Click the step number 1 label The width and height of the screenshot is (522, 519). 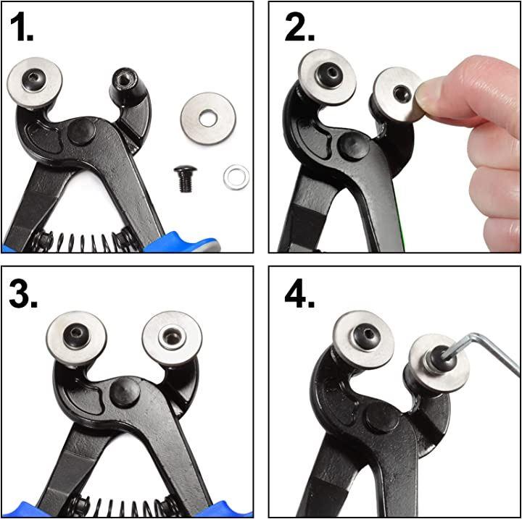pyautogui.click(x=22, y=28)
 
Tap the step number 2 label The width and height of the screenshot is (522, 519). pyautogui.click(x=299, y=28)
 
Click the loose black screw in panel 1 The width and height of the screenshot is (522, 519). pyautogui.click(x=185, y=179)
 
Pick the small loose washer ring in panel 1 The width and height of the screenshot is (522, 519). pyautogui.click(x=236, y=177)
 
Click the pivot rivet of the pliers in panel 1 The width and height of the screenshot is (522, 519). pyautogui.click(x=81, y=131)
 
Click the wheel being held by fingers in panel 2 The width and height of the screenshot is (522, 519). pyautogui.click(x=397, y=94)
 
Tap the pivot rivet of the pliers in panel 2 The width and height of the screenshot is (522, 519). pyautogui.click(x=353, y=146)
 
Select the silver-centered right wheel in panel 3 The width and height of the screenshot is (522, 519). pyautogui.click(x=172, y=339)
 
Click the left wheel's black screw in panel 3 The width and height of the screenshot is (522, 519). pyautogui.click(x=76, y=336)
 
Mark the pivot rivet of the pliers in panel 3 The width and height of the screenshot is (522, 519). pyautogui.click(x=125, y=392)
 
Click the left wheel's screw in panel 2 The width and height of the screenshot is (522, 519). pyautogui.click(x=328, y=74)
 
